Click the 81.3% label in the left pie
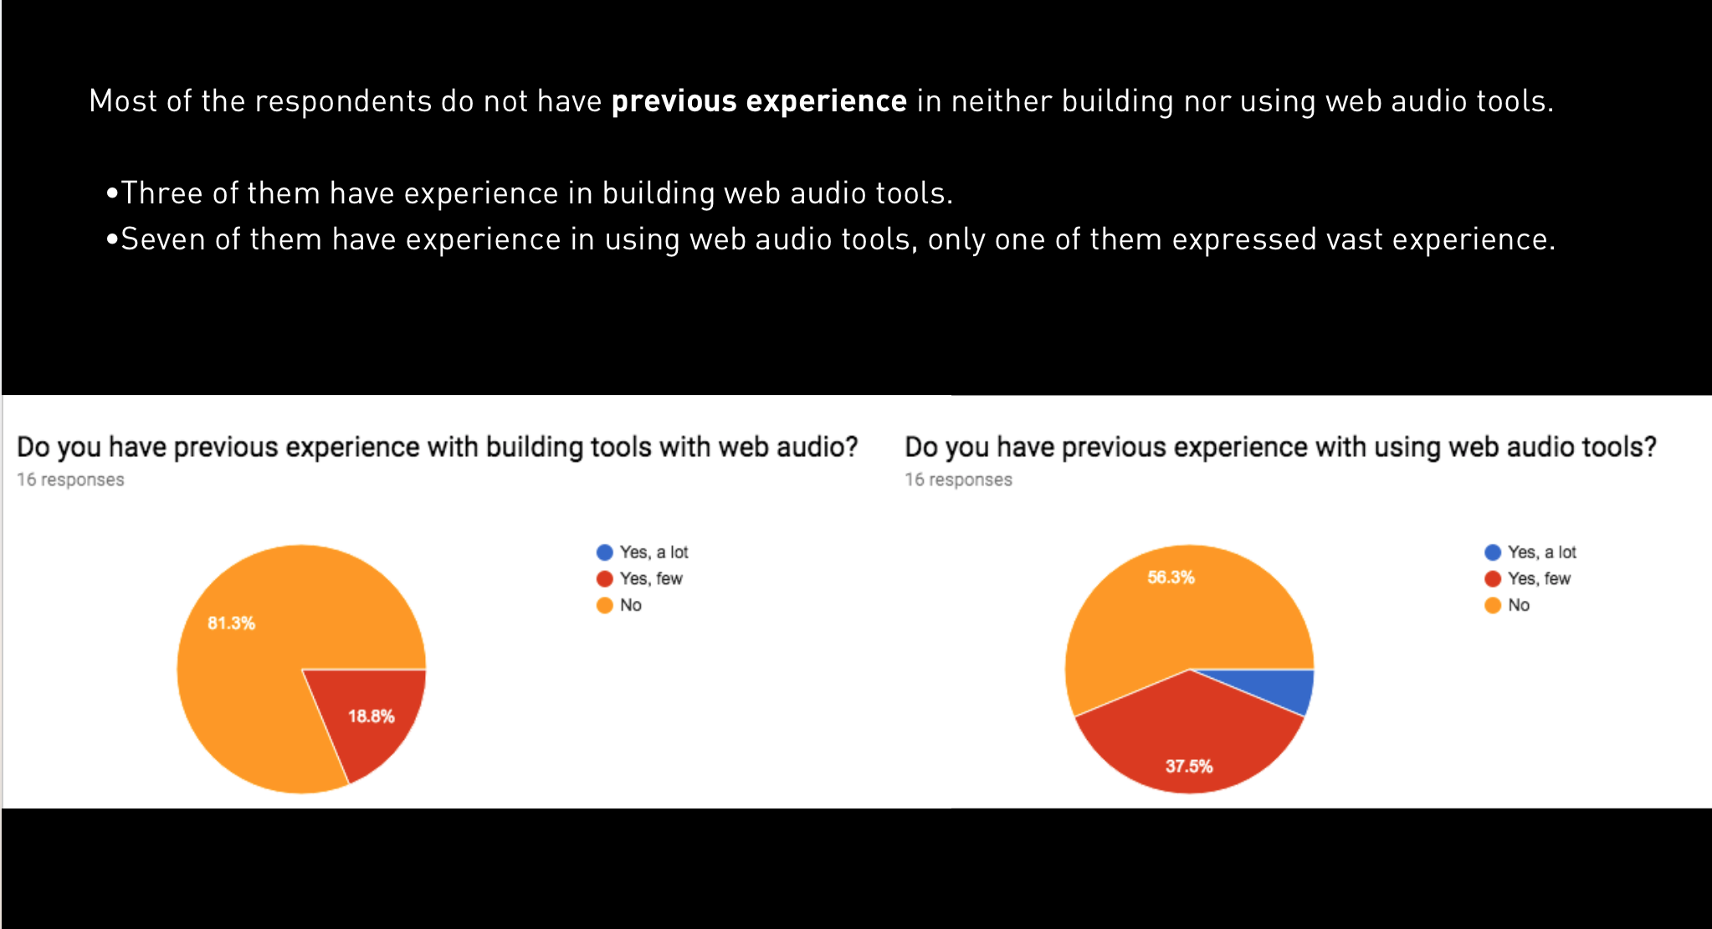231,623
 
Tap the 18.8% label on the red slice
371,716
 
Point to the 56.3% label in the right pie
1171,577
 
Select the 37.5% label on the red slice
1188,766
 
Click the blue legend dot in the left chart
604,552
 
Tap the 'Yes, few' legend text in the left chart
651,578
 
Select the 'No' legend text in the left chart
631,605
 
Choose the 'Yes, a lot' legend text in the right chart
1541,552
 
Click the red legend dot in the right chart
1492,578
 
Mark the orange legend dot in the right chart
1492,605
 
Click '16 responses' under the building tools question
70,480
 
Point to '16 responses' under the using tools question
958,480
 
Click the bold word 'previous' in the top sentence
674,101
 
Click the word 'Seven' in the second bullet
163,239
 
